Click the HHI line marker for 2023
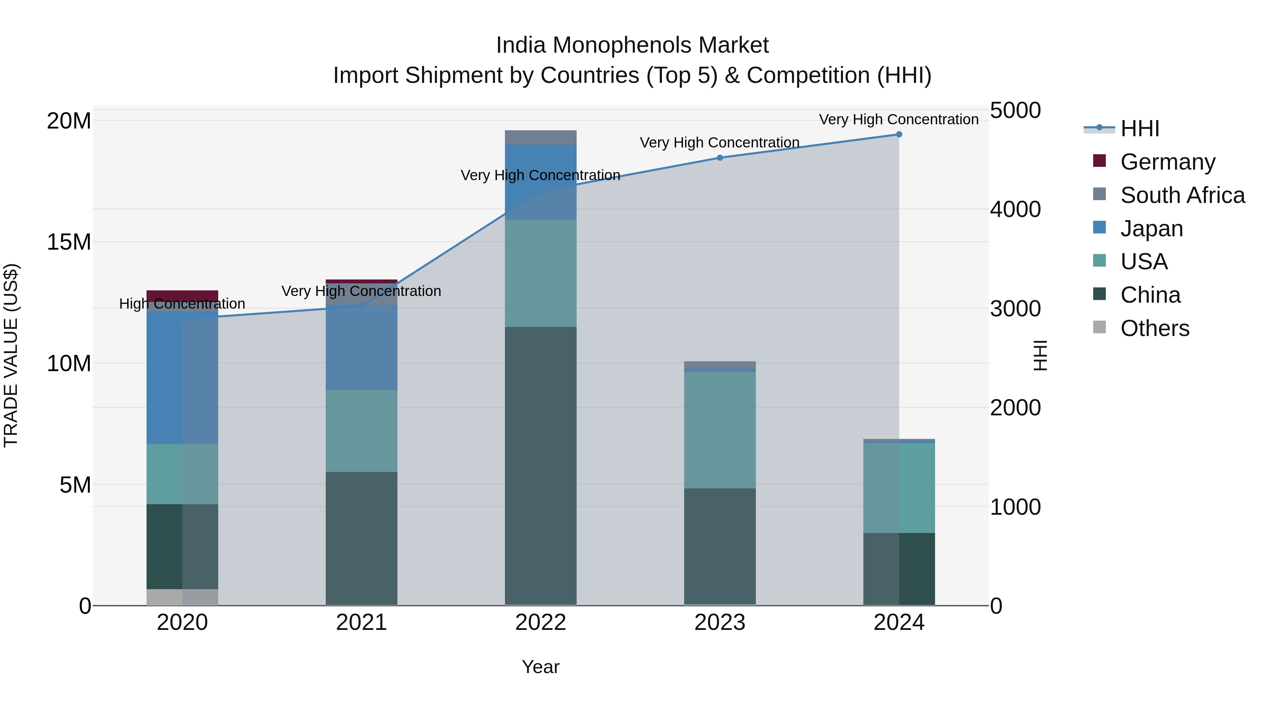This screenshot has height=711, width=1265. pos(720,158)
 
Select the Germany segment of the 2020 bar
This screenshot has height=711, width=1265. pos(182,295)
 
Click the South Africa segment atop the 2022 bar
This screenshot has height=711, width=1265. pos(541,137)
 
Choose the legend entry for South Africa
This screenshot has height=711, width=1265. pos(1182,195)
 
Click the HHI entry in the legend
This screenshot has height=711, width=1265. pos(1139,129)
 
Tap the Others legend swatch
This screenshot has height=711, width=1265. pos(1099,327)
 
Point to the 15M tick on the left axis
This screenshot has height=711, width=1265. pos(69,242)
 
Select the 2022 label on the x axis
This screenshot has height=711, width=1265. pos(541,623)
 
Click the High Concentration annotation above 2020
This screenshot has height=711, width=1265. pos(182,304)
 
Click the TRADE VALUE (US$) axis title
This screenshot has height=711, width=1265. pos(11,355)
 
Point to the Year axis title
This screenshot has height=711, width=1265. pos(541,667)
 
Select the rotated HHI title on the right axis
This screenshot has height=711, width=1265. pos(1040,355)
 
